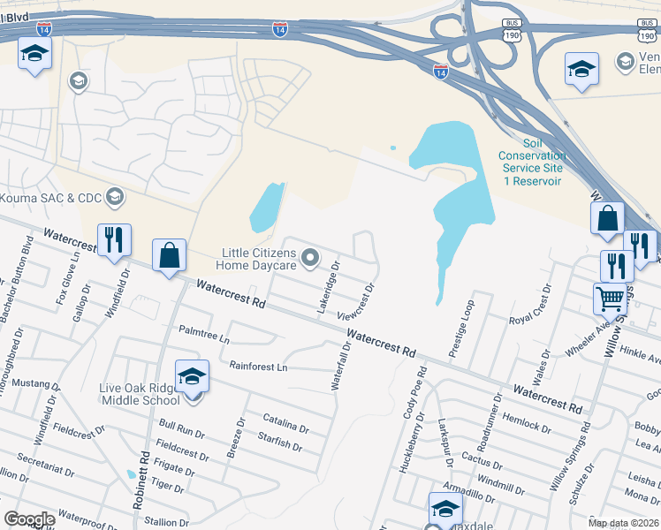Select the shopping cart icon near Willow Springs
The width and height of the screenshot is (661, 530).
pyautogui.click(x=610, y=300)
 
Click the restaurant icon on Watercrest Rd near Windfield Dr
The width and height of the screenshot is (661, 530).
pyautogui.click(x=114, y=239)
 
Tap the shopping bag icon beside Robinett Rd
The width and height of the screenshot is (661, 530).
pyautogui.click(x=170, y=256)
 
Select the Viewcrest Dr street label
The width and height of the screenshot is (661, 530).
pyautogui.click(x=357, y=301)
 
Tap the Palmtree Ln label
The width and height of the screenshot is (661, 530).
pyautogui.click(x=204, y=338)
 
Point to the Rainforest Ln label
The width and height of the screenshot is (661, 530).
pyautogui.click(x=258, y=366)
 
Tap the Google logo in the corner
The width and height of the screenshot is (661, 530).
pyautogui.click(x=29, y=519)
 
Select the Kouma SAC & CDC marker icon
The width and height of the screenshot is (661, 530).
pyautogui.click(x=114, y=196)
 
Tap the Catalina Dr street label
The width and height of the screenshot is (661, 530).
pyautogui.click(x=285, y=422)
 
